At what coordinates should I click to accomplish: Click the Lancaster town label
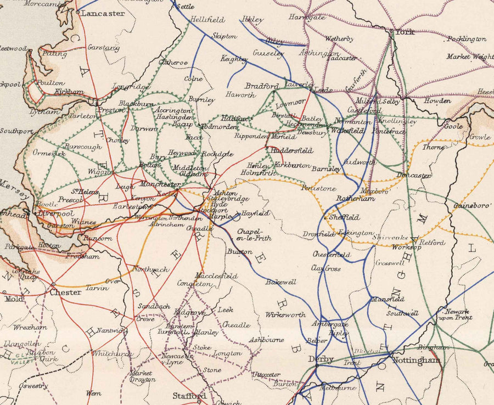(104, 13)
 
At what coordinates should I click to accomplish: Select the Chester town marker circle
(53, 284)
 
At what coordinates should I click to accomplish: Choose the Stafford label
(189, 395)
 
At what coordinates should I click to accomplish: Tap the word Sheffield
(345, 217)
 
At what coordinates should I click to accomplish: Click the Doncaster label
(414, 175)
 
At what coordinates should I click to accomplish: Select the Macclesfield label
(216, 275)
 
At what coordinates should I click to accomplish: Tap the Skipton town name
(223, 36)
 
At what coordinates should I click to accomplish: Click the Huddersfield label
(291, 150)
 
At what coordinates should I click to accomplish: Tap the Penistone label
(318, 188)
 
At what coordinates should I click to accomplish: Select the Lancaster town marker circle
(78, 12)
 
